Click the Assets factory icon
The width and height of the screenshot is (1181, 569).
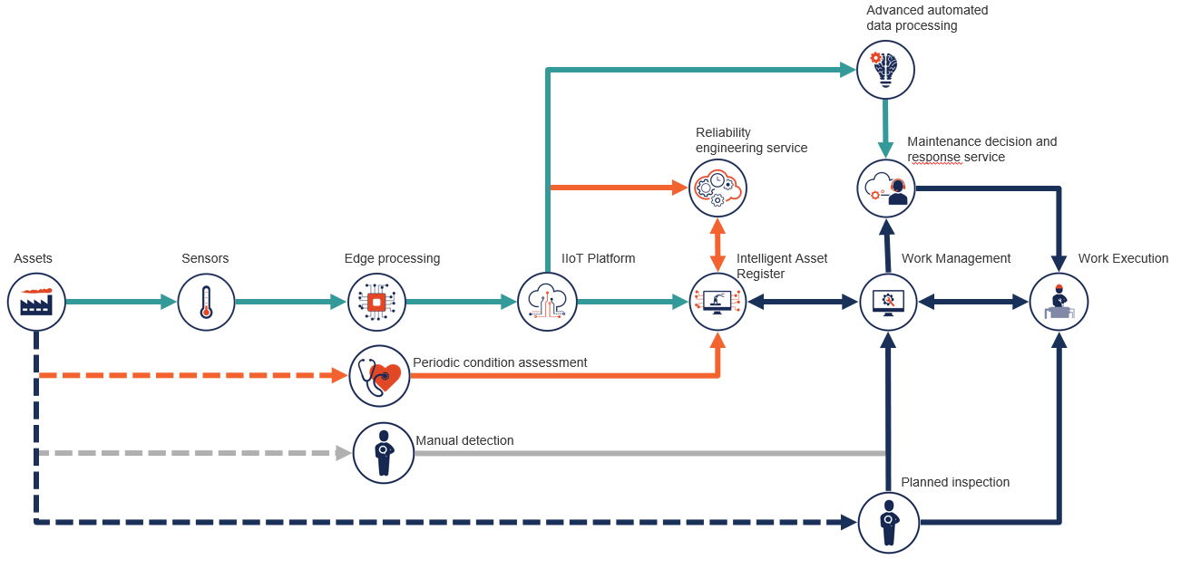pyautogui.click(x=36, y=302)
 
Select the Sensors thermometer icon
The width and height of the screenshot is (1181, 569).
pyautogui.click(x=206, y=302)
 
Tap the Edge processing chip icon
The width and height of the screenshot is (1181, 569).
pyautogui.click(x=376, y=302)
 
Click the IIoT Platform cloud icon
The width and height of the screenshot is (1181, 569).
pyautogui.click(x=547, y=302)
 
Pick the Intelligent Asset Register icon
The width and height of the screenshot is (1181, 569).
pyautogui.click(x=717, y=302)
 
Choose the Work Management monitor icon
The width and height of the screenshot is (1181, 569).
pyautogui.click(x=888, y=302)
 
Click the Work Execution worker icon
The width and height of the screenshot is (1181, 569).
pyautogui.click(x=1059, y=302)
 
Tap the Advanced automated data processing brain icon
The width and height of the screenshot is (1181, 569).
pyautogui.click(x=885, y=70)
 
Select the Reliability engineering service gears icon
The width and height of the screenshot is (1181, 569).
pyautogui.click(x=717, y=188)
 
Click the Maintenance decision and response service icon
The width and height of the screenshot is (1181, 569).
pyautogui.click(x=885, y=188)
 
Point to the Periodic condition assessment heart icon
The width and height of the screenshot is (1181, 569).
pyautogui.click(x=379, y=376)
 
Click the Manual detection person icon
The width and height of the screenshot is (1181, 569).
pyautogui.click(x=383, y=452)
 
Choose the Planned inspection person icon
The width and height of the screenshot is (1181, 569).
pyautogui.click(x=888, y=522)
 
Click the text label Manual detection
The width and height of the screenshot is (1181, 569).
pyautogui.click(x=464, y=441)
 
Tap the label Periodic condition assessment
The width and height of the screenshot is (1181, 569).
pyautogui.click(x=500, y=363)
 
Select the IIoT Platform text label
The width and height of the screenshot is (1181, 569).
pyautogui.click(x=598, y=259)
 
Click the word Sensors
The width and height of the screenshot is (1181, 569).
pyautogui.click(x=205, y=259)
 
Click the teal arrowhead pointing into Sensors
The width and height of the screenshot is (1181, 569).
pyautogui.click(x=169, y=302)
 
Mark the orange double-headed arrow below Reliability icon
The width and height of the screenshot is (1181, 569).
pyautogui.click(x=717, y=245)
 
